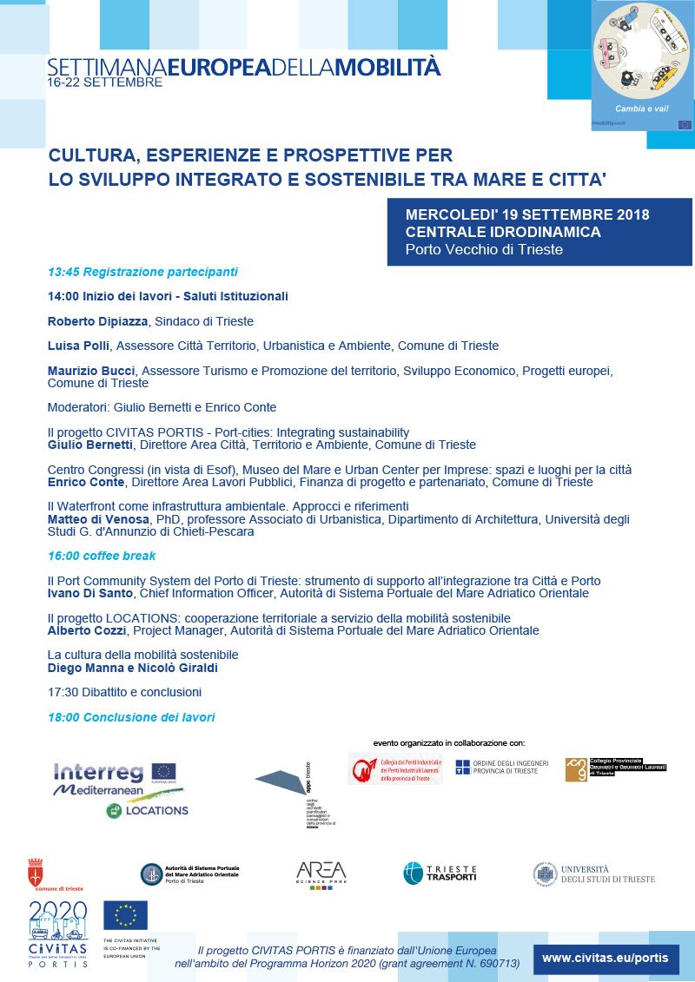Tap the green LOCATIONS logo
pos(147,810)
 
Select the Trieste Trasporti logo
pos(440,873)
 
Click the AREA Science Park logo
pos(321,874)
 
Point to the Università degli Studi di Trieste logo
pos(593,873)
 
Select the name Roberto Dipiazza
pos(98,321)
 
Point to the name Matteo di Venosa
pos(98,519)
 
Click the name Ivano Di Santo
pos(89,593)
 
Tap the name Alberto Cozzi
pos(86,630)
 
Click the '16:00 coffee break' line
pos(102,556)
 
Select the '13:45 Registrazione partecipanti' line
pos(142,272)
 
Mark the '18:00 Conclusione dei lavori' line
pos(131,717)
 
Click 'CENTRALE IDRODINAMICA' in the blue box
pos(503,232)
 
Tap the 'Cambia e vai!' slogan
pos(642,108)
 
